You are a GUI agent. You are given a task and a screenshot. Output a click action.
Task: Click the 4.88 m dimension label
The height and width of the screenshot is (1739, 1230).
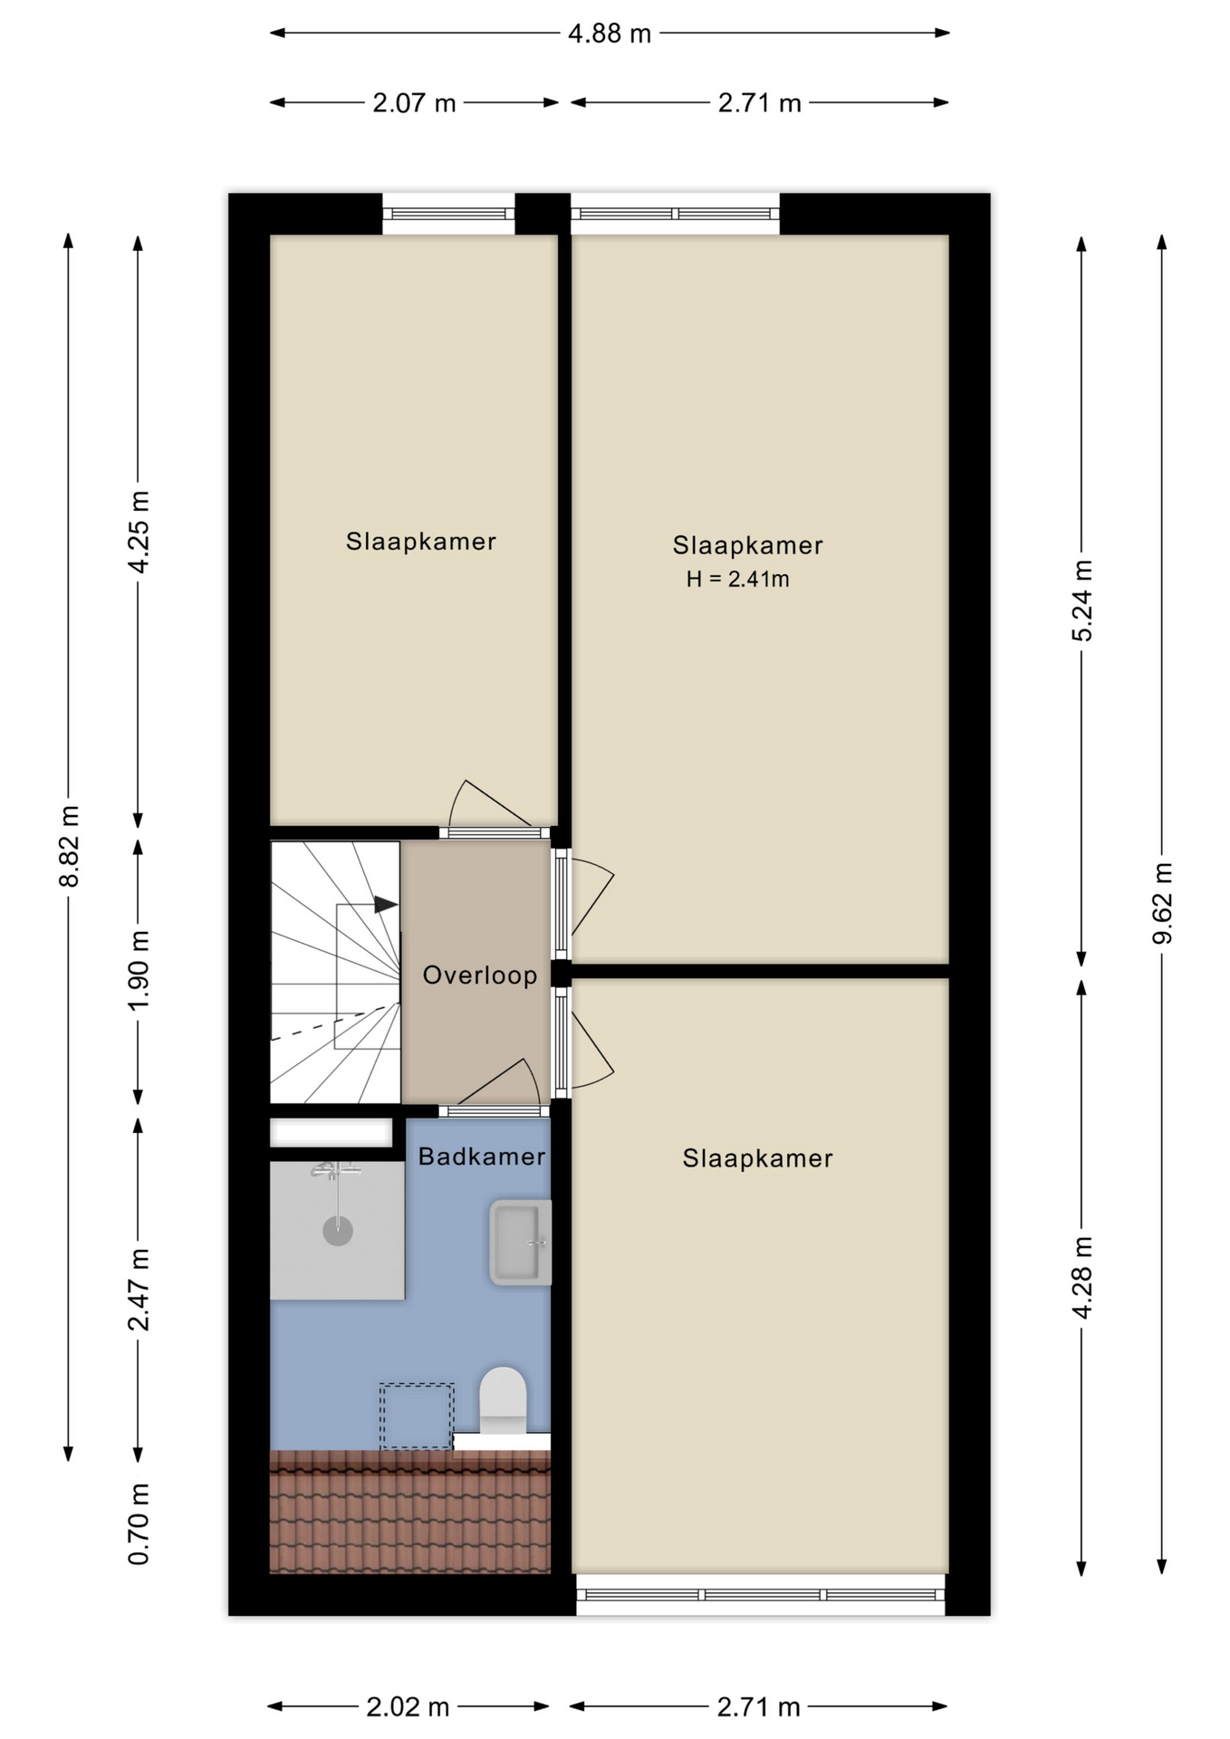(x=610, y=34)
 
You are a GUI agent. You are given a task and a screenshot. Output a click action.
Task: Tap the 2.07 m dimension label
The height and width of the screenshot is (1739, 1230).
(x=414, y=103)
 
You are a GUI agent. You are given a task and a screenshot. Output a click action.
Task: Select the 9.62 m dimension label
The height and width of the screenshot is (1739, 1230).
(x=1162, y=903)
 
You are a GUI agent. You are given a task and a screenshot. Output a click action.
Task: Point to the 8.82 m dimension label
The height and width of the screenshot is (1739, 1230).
(x=69, y=846)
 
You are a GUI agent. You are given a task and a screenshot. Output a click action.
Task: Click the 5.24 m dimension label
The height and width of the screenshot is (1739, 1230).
(x=1082, y=600)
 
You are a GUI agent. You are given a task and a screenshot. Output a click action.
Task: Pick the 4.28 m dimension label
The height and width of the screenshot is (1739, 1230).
(x=1082, y=1276)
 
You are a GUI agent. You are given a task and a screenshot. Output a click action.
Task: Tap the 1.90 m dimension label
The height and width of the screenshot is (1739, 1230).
(x=139, y=971)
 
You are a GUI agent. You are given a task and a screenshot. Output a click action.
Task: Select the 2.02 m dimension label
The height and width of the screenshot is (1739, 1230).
(x=408, y=1707)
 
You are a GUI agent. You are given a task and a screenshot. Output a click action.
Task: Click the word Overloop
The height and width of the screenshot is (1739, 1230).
(x=480, y=975)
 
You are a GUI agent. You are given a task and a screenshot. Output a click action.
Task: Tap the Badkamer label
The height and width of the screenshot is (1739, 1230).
(x=482, y=1157)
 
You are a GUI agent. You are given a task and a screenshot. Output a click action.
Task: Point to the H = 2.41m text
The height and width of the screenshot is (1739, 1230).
(x=737, y=580)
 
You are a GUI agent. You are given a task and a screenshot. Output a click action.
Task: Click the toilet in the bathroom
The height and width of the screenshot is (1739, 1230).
(x=503, y=1400)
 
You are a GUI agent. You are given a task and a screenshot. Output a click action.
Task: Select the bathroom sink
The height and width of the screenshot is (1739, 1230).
(x=520, y=1243)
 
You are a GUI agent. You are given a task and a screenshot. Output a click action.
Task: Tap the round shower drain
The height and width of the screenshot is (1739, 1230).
(x=338, y=1231)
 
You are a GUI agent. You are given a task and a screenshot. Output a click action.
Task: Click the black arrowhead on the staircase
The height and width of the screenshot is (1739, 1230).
(x=386, y=905)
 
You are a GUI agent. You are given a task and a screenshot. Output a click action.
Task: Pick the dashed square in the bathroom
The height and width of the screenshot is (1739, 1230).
(x=417, y=1416)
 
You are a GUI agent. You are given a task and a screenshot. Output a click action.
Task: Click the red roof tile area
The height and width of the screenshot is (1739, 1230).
(x=410, y=1512)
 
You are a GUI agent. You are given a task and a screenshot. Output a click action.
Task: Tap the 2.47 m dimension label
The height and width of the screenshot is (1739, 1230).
(x=139, y=1289)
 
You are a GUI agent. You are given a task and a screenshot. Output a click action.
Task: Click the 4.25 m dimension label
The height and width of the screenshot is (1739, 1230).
(x=139, y=532)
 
